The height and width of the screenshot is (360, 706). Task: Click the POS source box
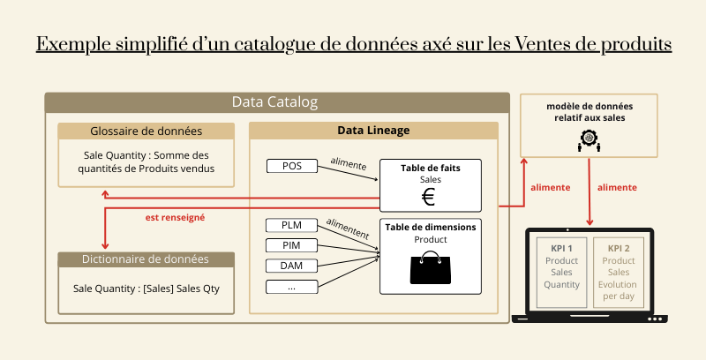tap(291, 166)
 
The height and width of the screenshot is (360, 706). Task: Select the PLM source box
tap(291, 225)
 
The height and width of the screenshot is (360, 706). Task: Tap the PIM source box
tap(291, 245)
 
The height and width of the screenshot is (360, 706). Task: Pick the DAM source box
tap(291, 266)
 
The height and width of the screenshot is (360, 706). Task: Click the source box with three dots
tap(291, 287)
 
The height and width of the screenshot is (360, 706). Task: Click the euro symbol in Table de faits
tap(429, 197)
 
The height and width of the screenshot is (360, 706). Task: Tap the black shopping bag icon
tap(430, 267)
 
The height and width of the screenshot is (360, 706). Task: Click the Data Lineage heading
tap(373, 131)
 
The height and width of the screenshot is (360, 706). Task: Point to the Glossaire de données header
tap(146, 131)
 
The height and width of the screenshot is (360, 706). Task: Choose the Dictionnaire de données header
tap(146, 259)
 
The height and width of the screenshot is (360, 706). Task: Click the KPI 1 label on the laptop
tap(561, 249)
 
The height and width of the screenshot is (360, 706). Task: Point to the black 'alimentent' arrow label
tap(347, 229)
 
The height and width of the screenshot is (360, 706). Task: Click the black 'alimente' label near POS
tap(348, 162)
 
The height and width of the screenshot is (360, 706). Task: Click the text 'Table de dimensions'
tap(431, 227)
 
